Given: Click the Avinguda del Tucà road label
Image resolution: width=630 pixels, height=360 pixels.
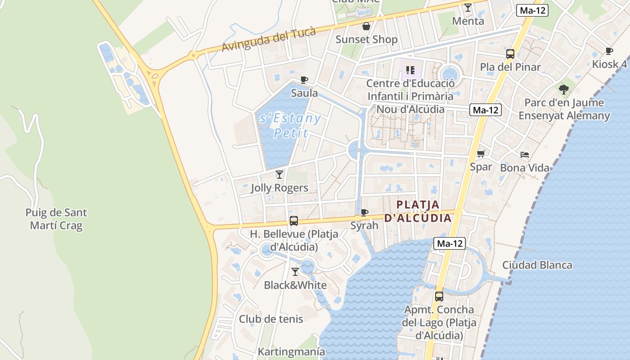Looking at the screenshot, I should coord(269,39).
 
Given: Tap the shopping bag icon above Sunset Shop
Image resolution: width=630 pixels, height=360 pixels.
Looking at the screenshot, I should coord(366,26).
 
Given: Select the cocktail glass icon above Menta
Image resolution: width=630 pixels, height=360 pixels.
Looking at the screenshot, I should coord(468,8).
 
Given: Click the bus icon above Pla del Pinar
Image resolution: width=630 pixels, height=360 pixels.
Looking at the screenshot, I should coord(510,54).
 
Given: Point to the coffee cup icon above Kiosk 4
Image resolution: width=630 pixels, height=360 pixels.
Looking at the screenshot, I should coord(609,51).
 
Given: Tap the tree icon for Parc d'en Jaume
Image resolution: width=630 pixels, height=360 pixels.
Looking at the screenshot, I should coord(564,89).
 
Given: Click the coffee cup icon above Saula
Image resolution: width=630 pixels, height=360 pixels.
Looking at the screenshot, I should coord(304,80).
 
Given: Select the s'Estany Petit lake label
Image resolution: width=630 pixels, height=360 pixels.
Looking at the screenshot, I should coord(291,126).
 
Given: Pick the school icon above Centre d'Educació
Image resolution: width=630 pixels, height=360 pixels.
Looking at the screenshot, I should coord(410,70).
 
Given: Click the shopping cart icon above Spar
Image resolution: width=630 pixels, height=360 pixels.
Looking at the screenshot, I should coord(481,153).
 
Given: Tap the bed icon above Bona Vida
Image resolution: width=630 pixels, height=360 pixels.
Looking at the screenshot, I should coord(525,155).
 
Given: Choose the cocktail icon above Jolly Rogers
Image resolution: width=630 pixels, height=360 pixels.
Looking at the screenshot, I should coord(279,174).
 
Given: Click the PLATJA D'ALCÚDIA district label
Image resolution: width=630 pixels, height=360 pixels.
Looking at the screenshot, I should coord(418,211).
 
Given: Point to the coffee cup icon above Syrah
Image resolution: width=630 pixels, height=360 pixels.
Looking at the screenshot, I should coord(364,212).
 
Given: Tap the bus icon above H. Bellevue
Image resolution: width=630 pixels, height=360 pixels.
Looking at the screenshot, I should coord(294,221).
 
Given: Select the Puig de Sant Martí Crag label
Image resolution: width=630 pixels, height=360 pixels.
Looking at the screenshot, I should coord(56,219).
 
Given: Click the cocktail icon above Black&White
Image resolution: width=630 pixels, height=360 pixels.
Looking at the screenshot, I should coord(295,271).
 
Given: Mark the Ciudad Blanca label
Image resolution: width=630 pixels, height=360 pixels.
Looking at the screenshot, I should coord(537,265).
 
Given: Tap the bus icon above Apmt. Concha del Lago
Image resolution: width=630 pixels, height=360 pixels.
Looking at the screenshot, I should coord(439,297).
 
